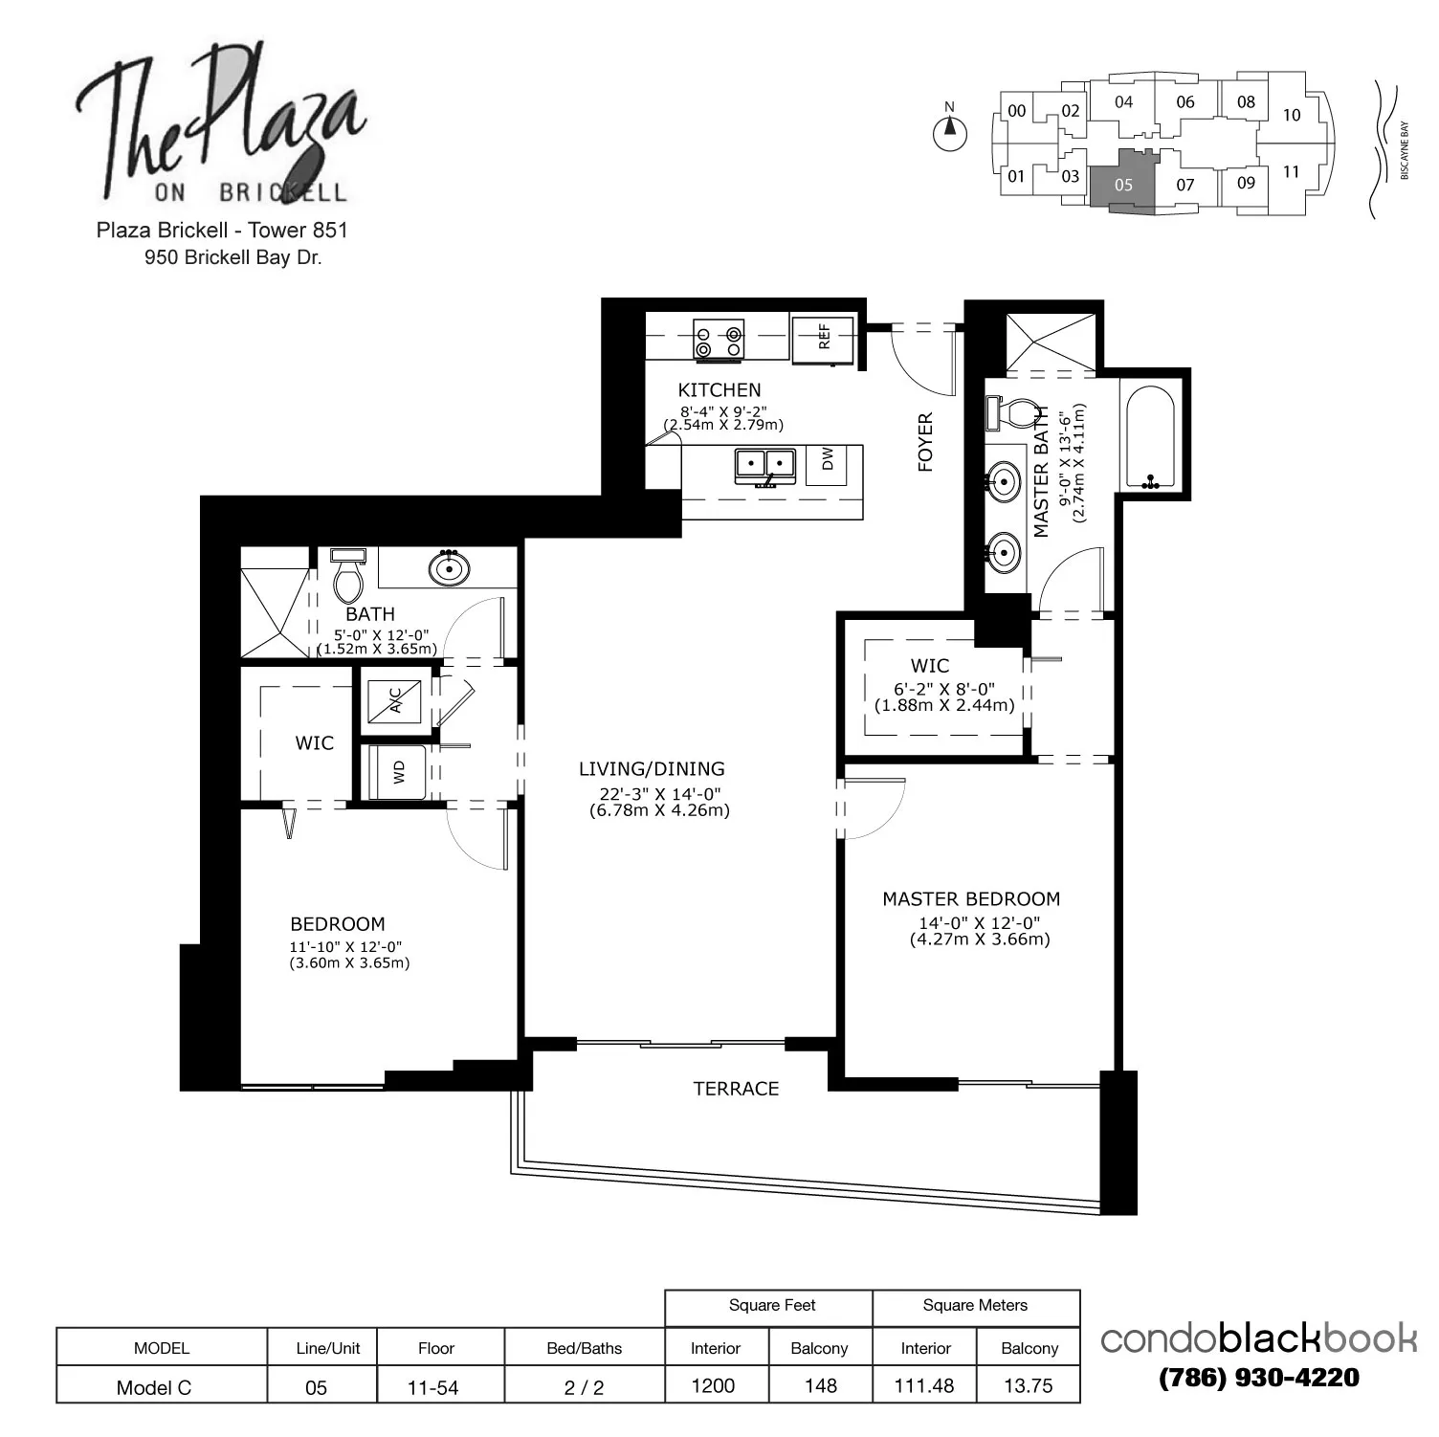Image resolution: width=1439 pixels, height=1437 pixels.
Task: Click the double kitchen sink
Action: coord(765,466)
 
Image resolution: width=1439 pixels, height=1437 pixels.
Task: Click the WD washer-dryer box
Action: coord(398,771)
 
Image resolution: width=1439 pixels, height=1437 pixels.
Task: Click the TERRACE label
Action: coord(736,1089)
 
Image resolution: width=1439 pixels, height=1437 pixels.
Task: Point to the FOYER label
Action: coord(925,442)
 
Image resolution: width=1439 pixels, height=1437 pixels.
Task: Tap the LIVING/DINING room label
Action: coord(652,768)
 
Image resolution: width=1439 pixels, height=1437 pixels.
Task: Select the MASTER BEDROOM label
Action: coord(971,899)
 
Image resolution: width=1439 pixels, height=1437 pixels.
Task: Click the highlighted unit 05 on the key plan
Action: coord(1123,183)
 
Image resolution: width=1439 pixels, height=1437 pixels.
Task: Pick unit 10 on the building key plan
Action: coord(1292,115)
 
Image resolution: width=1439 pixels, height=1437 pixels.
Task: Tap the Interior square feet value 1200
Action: coord(713,1385)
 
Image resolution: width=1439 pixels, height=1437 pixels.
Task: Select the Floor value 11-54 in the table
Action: coord(433,1388)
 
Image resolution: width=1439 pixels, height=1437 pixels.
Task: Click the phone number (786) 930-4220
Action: coord(1259,1378)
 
